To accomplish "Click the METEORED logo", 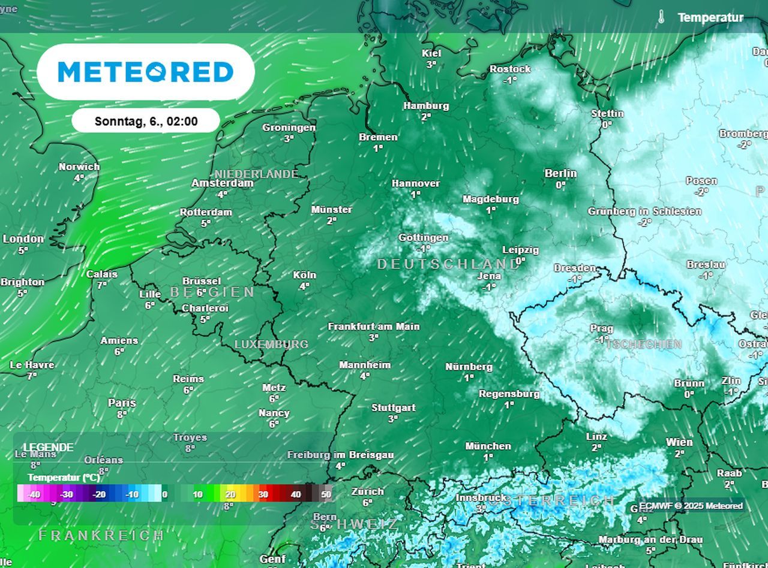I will tap(146, 72).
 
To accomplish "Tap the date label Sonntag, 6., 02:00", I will tap(146, 121).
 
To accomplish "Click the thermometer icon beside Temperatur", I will tap(661, 17).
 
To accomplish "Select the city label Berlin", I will tap(560, 173).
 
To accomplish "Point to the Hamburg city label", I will tap(425, 105).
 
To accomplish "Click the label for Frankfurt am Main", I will tap(373, 327).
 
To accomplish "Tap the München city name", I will tap(488, 446).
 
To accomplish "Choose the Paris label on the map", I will tap(122, 403).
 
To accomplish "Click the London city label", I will tap(23, 239).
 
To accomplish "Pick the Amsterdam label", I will tap(222, 183).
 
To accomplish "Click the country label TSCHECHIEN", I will tap(644, 345).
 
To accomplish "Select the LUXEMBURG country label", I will tap(271, 345).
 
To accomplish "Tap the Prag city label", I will tap(601, 328).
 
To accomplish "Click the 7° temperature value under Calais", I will tap(102, 285).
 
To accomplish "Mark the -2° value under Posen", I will tap(701, 192).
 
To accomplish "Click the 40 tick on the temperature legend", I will tap(296, 494).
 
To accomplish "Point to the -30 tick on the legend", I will tap(67, 494).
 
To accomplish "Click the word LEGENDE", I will tap(48, 448).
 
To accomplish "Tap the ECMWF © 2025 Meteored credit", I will tap(691, 506).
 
